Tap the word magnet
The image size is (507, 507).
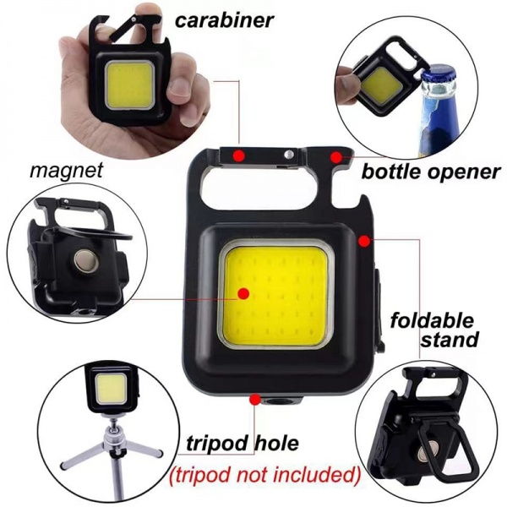[66, 170]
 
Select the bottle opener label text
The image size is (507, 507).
[431, 172]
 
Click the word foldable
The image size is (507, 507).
[432, 320]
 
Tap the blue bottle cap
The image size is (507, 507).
[439, 82]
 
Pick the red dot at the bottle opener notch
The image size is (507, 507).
[337, 156]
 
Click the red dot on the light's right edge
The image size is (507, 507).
[364, 241]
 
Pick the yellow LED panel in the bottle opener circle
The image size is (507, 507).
[382, 83]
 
